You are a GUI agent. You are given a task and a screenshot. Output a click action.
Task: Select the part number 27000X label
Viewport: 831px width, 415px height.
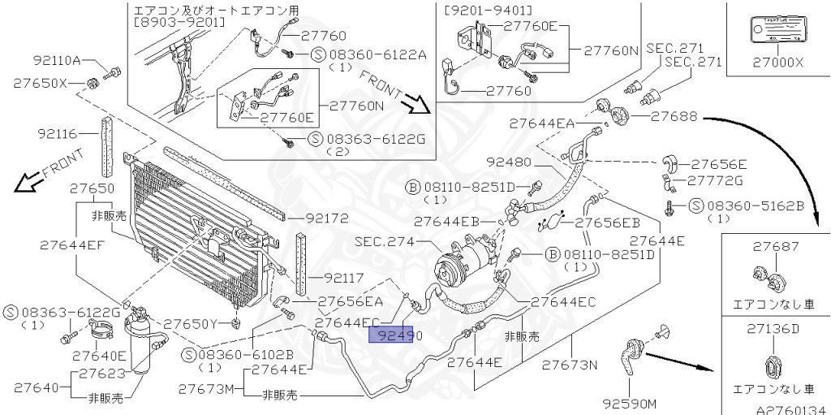coord(777,60)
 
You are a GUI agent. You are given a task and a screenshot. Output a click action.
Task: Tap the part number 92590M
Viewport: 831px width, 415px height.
coord(629,403)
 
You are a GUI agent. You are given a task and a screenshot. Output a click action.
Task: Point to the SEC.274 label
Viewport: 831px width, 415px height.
coord(385,242)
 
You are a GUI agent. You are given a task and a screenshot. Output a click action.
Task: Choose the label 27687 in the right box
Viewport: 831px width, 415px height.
coord(775,247)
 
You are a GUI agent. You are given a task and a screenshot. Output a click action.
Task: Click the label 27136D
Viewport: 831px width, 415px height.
coord(775,329)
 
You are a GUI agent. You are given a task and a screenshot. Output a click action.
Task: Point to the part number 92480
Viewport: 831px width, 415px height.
coord(509,162)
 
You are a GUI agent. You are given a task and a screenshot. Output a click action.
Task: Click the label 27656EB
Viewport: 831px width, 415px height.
coord(608,222)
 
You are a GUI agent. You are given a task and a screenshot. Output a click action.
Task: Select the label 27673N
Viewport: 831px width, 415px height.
coord(570,363)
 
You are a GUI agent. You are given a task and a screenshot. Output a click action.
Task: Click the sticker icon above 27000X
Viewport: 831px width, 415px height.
coord(777,33)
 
